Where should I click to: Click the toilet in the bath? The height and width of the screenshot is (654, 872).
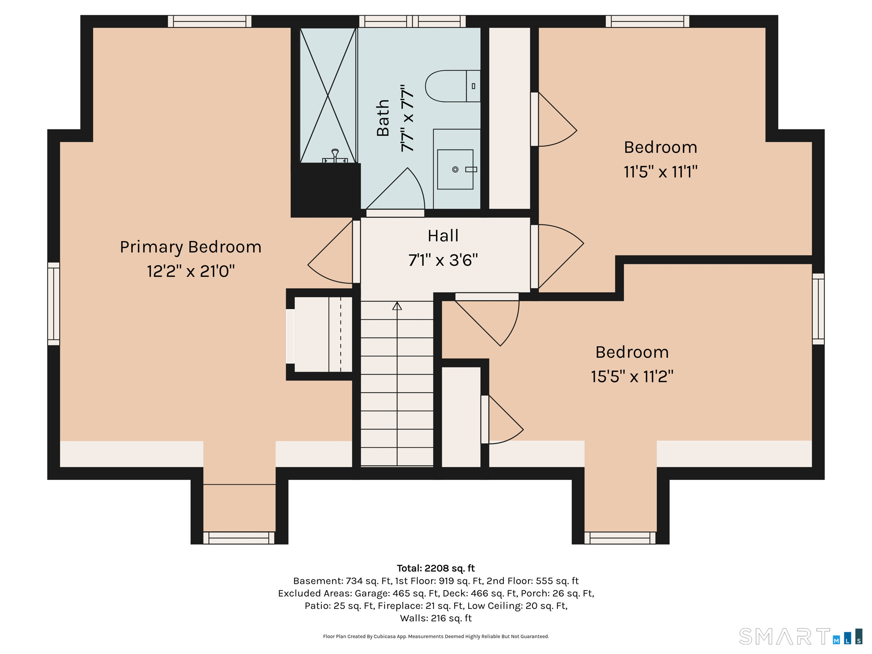[453, 86]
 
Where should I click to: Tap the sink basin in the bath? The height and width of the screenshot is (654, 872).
[455, 169]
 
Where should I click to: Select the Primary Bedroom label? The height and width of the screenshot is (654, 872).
[190, 247]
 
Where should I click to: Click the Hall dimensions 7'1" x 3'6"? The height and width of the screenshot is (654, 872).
[443, 260]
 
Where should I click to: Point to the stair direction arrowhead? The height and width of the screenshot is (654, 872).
[397, 305]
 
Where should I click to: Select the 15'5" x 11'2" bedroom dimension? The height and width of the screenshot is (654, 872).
[632, 376]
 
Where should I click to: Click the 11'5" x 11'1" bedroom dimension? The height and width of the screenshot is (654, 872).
[660, 172]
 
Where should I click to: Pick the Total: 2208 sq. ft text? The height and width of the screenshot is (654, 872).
[436, 568]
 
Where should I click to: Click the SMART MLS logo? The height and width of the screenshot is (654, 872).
[800, 636]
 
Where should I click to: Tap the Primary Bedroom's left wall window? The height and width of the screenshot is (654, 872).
[54, 304]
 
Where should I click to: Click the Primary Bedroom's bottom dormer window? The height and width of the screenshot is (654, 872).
[239, 538]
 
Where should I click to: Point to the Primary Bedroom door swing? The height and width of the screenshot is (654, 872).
[330, 252]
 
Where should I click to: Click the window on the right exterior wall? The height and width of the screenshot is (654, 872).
[818, 309]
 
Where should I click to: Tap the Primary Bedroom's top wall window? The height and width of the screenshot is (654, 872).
[209, 21]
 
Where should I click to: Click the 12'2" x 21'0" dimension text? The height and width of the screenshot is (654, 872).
[191, 271]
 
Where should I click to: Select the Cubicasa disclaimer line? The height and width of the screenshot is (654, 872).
[436, 637]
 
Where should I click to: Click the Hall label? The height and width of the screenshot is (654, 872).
[443, 235]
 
